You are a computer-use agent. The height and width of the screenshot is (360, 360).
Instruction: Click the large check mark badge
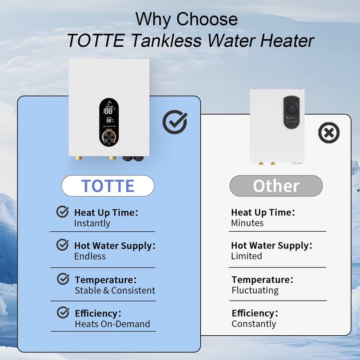(175, 122)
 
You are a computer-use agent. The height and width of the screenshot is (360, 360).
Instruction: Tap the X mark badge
(328, 133)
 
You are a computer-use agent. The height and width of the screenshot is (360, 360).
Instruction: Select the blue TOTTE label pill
(108, 185)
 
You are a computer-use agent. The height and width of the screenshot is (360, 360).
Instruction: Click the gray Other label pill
(276, 185)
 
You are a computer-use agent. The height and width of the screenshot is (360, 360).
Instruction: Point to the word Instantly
(92, 223)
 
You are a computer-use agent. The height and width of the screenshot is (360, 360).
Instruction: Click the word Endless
(90, 256)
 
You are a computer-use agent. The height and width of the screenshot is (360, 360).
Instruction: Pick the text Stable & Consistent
(115, 290)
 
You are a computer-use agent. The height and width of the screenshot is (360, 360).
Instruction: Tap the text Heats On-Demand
(112, 324)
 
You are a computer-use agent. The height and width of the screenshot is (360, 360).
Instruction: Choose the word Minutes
(247, 223)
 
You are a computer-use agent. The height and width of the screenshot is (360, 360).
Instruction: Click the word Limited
(247, 256)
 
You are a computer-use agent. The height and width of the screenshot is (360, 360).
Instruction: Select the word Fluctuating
(255, 290)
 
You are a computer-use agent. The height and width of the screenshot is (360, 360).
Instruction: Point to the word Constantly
(254, 324)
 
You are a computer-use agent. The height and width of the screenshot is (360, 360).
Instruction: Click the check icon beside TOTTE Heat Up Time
(62, 211)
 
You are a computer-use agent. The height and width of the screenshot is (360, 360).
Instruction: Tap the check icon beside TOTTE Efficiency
(63, 312)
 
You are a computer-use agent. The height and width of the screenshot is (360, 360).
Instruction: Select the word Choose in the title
(207, 19)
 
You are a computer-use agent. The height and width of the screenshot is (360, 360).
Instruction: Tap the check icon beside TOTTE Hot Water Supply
(62, 245)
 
